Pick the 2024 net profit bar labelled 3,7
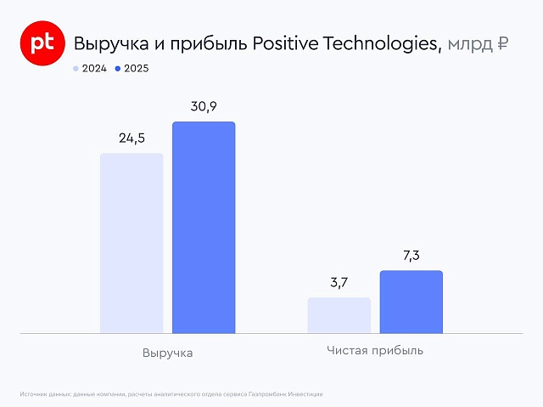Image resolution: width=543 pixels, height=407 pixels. click(x=339, y=315)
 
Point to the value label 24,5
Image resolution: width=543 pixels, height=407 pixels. click(x=132, y=136)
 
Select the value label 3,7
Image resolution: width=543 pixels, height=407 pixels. click(x=339, y=282)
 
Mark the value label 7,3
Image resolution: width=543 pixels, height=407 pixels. click(x=411, y=254)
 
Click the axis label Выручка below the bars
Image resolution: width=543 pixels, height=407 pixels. click(x=168, y=353)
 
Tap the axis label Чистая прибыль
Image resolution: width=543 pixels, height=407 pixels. click(x=374, y=350)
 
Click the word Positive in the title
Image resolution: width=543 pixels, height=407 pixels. click(x=287, y=44)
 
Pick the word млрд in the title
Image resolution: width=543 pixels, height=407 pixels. click(x=468, y=44)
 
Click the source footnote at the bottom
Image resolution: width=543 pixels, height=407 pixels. click(x=171, y=394)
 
